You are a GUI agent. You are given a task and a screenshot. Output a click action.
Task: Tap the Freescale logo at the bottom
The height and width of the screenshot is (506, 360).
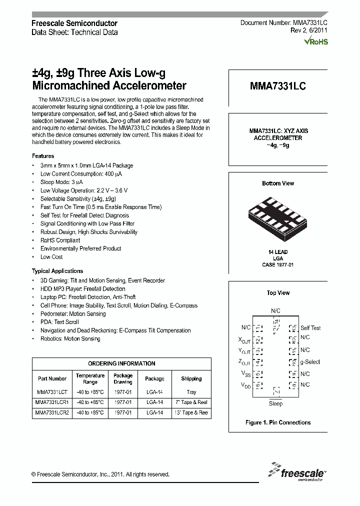point(298,471)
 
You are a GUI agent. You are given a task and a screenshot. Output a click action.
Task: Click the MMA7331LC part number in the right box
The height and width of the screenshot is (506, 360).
point(277,86)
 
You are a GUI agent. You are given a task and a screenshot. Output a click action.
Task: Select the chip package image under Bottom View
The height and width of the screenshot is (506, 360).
point(277,215)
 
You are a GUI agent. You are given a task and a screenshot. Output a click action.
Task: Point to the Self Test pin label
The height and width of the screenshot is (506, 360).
point(310,328)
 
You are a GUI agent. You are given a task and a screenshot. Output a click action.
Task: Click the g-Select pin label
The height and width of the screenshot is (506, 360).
point(310,362)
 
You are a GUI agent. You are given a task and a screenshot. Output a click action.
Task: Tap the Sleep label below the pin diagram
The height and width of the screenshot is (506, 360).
point(275,403)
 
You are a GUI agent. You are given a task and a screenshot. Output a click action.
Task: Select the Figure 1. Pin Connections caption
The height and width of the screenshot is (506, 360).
point(277,422)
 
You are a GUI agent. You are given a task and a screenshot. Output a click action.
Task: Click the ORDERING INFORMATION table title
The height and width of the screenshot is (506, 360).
point(121,363)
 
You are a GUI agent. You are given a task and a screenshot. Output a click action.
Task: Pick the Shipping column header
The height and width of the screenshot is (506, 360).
point(191,378)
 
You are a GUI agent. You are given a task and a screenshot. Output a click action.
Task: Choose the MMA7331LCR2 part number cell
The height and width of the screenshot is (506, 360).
point(52,412)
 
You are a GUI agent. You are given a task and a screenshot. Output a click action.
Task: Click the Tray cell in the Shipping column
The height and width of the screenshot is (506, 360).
point(191,392)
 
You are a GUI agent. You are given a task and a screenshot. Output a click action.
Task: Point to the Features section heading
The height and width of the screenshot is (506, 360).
point(43,156)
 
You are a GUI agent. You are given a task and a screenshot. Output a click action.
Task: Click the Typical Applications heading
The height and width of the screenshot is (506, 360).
point(55,270)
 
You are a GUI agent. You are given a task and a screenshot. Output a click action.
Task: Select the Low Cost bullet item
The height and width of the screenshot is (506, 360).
point(51,257)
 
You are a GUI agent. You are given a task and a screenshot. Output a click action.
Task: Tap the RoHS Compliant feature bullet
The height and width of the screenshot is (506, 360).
point(60,240)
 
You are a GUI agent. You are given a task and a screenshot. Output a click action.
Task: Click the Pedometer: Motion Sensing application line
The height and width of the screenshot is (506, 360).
point(73,314)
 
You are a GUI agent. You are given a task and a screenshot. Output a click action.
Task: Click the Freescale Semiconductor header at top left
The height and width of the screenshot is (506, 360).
point(74,23)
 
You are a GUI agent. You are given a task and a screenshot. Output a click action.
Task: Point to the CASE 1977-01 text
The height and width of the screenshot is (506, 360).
point(277,264)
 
